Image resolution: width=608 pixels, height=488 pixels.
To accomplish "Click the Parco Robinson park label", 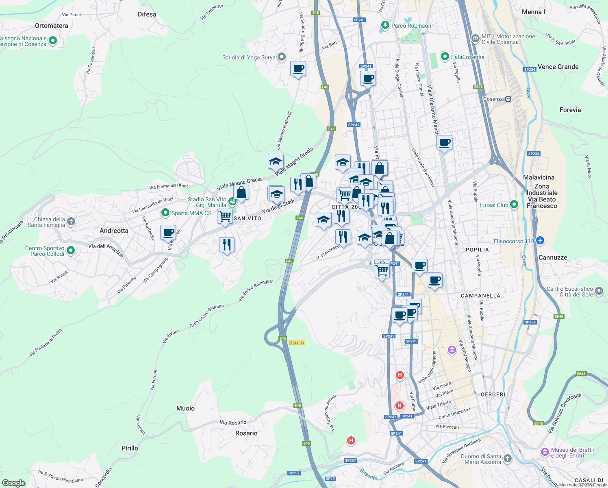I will coord(411,26).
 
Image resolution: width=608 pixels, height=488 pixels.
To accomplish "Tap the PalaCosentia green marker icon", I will coord(445,57).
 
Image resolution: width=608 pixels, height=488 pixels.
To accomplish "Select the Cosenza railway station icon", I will coord(508,99).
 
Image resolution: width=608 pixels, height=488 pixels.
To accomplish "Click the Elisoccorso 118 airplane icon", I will coord(540,241).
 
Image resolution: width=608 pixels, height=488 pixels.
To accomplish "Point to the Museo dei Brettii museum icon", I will coord(545,452).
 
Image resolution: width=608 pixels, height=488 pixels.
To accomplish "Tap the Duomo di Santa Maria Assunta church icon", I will coord(507,459).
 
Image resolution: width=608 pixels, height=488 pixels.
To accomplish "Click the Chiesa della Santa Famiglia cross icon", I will coord(71,222).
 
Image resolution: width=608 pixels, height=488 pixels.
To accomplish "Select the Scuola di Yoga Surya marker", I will coord(282,57).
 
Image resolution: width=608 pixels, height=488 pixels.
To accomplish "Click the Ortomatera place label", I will coord(52,26).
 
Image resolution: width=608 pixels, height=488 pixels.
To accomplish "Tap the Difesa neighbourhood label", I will coord(147,14).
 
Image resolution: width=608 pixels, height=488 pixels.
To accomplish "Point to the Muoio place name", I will coord(185,408).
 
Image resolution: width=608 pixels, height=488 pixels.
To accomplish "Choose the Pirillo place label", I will coord(130,448).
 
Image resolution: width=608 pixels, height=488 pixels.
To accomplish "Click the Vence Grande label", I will coord(558,67).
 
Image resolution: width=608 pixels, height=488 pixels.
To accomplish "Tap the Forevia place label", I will coord(570,110).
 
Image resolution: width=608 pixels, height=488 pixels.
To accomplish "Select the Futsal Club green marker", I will coord(514,205).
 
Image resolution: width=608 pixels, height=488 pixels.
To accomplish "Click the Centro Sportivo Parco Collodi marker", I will coord(71,251).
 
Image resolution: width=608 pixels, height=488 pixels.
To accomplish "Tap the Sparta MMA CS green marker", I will coord(165,213).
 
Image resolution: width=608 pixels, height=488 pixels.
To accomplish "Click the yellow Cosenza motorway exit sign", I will coord(297,342).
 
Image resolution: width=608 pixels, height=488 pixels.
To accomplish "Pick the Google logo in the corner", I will coord(13,483).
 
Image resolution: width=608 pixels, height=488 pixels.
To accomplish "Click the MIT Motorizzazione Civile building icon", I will coord(475,39).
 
